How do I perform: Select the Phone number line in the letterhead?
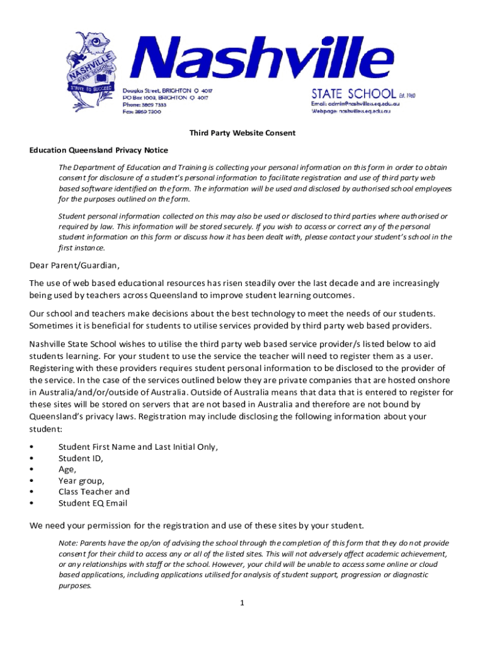144,105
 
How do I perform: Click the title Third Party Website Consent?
243,134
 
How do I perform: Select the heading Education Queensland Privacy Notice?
98,150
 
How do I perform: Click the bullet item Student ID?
81,458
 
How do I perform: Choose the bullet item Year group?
81,481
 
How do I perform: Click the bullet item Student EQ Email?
93,503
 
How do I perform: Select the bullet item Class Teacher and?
94,491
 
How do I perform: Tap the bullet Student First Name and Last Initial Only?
138,447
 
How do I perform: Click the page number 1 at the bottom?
241,603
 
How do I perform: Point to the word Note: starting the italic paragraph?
68,543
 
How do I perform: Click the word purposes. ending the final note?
76,585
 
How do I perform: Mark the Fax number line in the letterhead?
142,111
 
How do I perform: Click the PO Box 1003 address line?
165,98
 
